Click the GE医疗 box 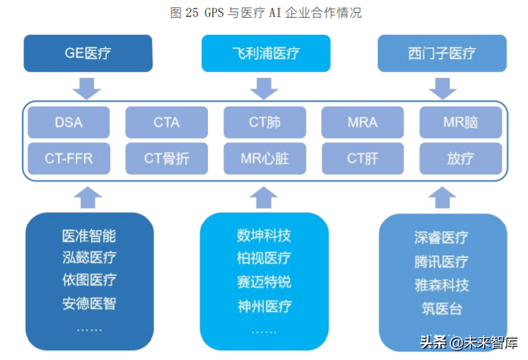(x=88, y=53)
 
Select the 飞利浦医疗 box (x=265, y=53)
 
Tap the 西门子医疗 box (x=442, y=53)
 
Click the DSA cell (x=69, y=122)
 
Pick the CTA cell (x=167, y=122)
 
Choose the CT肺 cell (x=265, y=122)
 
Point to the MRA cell (x=363, y=122)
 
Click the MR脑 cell (x=460, y=122)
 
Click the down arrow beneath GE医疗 (x=88, y=88)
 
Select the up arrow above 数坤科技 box (x=264, y=197)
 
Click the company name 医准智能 (x=88, y=236)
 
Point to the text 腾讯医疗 (x=441, y=262)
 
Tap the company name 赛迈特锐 (x=264, y=281)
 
